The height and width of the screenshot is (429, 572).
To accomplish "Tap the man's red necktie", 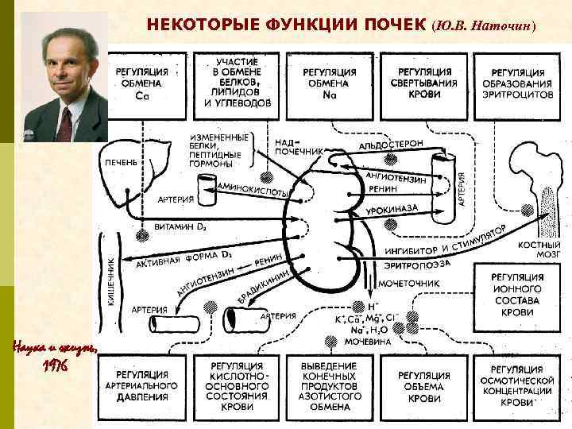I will [x=64, y=123].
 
